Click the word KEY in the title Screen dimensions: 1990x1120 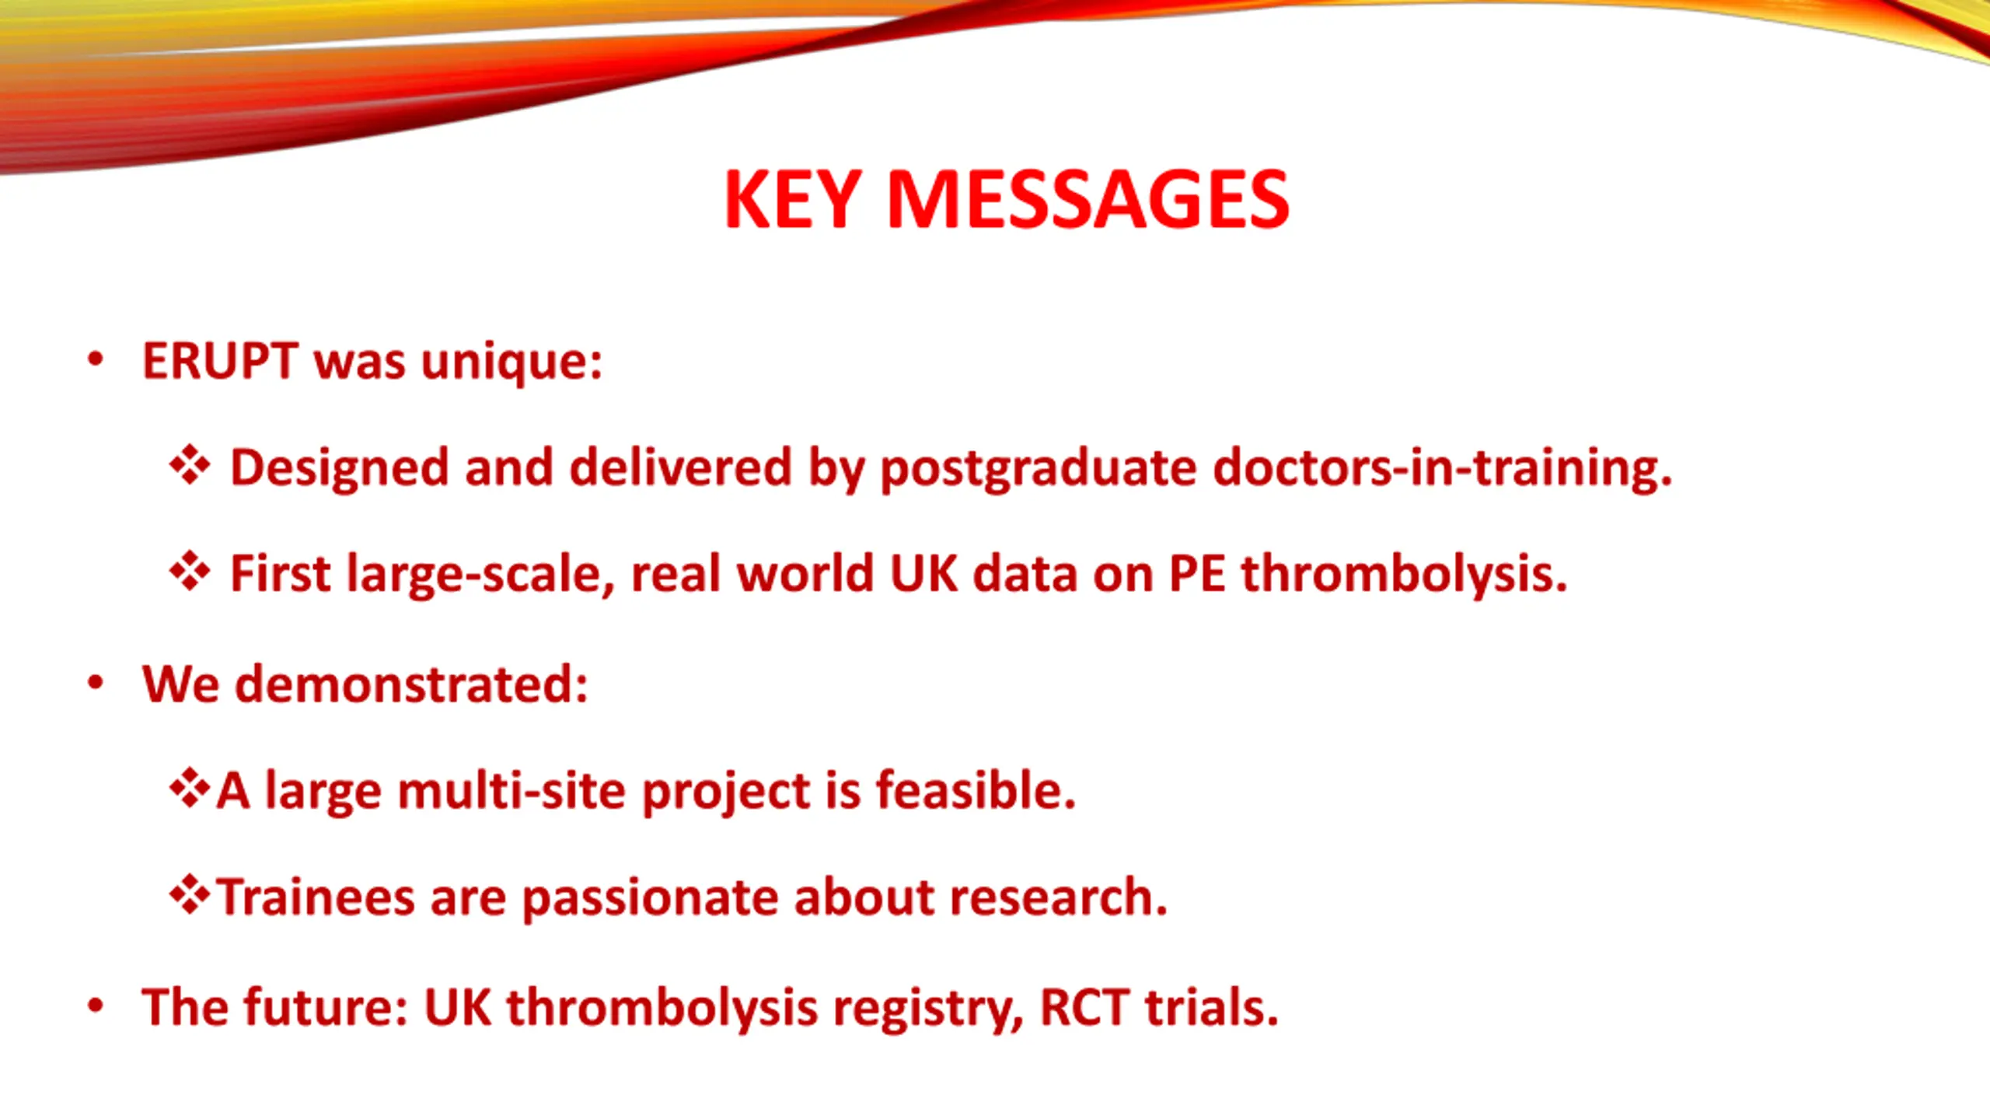[x=793, y=200]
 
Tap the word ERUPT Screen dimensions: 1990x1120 [x=220, y=362]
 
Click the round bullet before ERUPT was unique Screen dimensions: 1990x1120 [x=96, y=359]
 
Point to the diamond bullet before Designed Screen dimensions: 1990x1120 [x=190, y=466]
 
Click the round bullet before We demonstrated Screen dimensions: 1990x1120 [x=96, y=683]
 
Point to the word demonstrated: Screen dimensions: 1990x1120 [x=411, y=684]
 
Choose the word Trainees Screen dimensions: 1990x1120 [x=315, y=897]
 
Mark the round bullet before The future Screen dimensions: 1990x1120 [x=96, y=1006]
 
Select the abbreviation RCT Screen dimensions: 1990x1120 [x=1084, y=1008]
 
